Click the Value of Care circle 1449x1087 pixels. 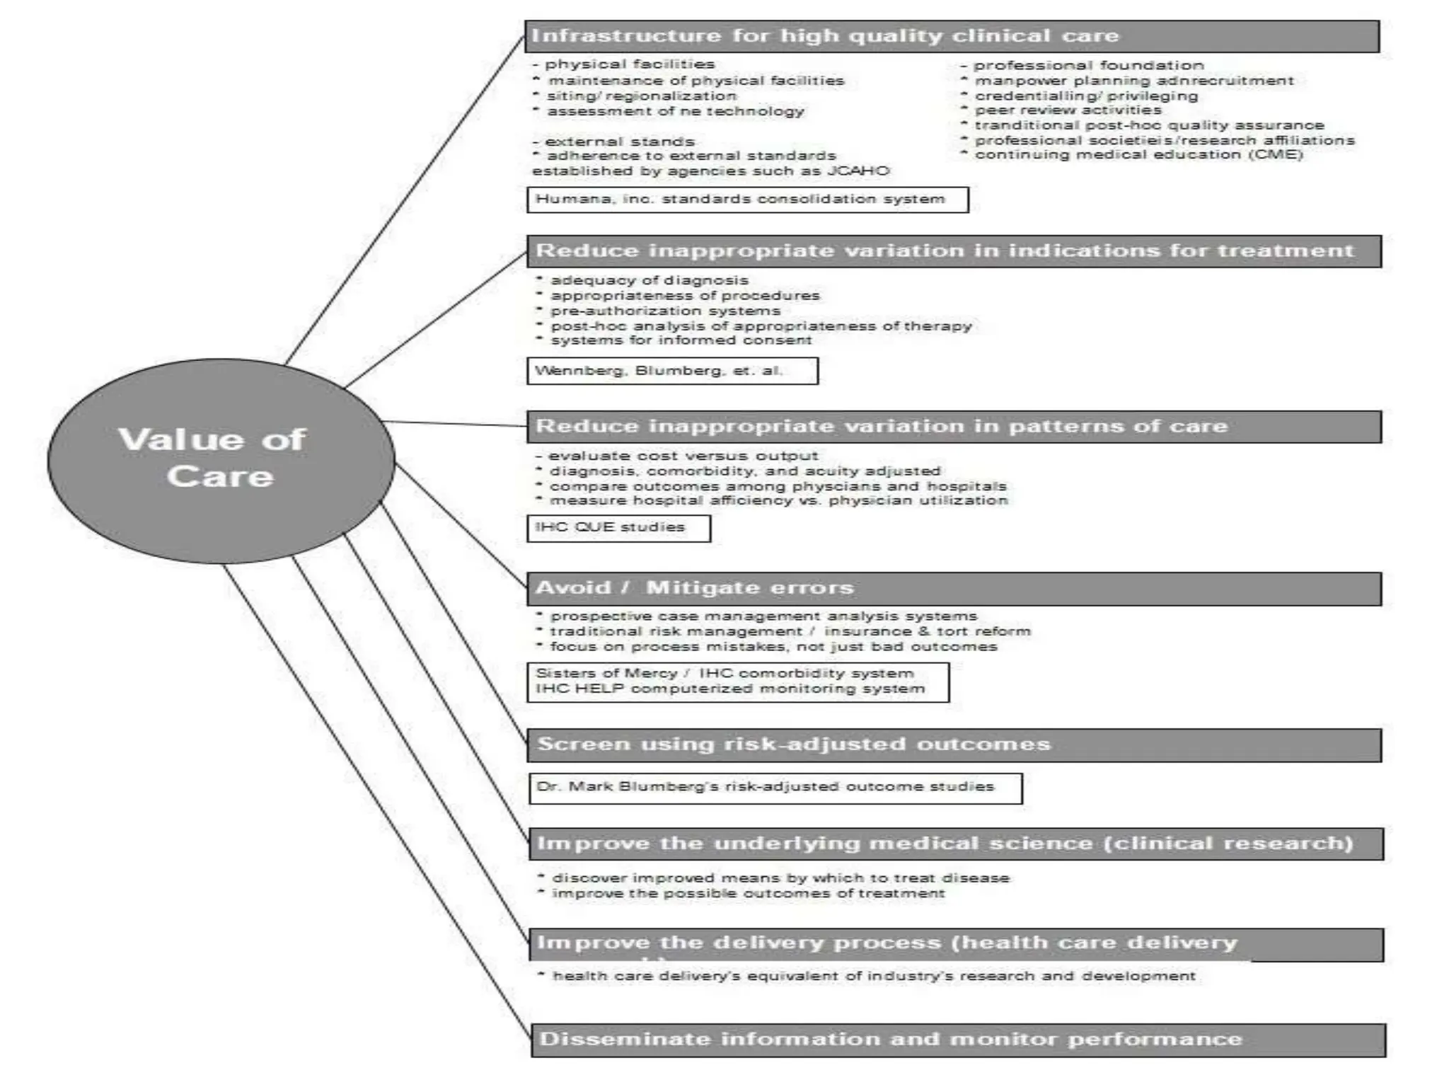(x=221, y=460)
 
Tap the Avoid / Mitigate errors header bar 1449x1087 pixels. (x=954, y=588)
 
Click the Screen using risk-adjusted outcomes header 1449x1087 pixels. (x=954, y=744)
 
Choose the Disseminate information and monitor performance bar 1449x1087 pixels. (x=957, y=1040)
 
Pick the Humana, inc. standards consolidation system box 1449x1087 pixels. (x=747, y=200)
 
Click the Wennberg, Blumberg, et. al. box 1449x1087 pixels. (x=672, y=371)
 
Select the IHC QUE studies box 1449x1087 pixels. (x=618, y=528)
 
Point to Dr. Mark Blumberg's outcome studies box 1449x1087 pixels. (x=775, y=788)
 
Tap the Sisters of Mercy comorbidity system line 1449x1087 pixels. (x=724, y=673)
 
